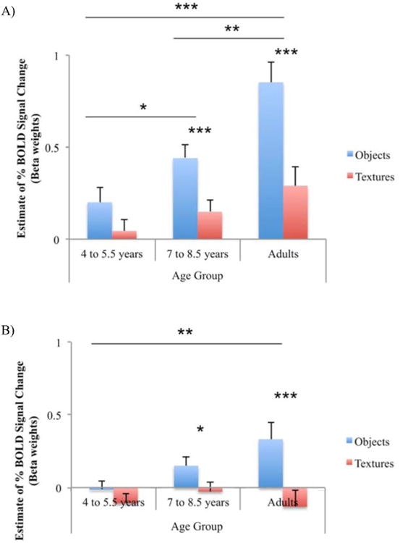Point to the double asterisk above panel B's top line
(x=185, y=333)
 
